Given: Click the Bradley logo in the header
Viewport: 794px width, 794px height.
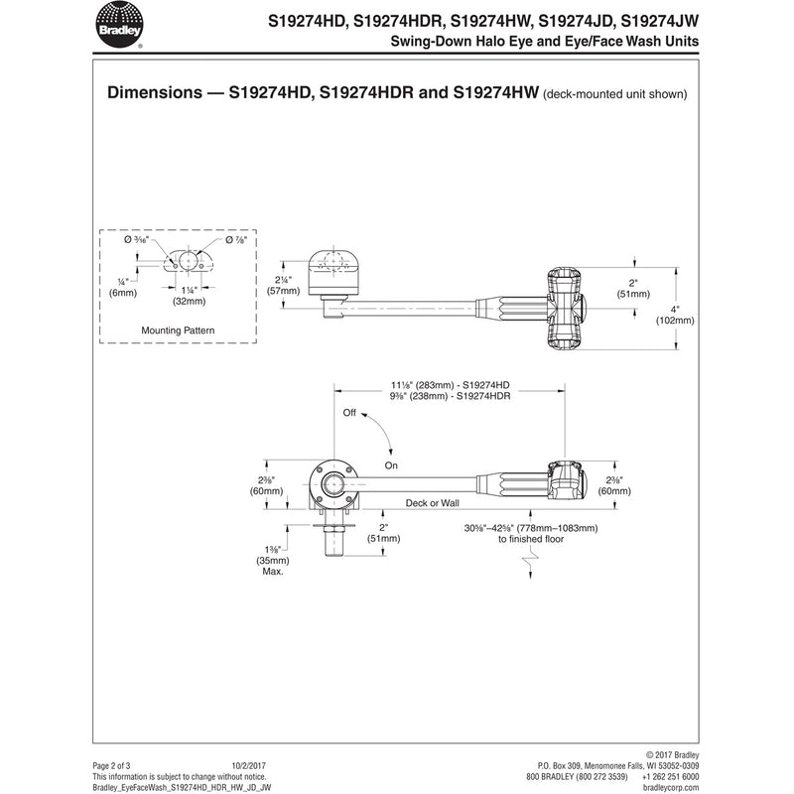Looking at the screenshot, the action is tap(119, 25).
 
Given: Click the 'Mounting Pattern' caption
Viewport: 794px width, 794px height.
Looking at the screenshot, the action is tap(178, 331).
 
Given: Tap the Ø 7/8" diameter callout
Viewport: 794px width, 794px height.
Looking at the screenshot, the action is tap(236, 239).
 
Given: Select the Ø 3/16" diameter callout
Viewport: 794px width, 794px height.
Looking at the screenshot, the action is tap(136, 239).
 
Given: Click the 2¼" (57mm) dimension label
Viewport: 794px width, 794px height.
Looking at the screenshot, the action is tap(283, 286).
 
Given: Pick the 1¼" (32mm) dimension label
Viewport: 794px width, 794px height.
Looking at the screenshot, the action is tap(189, 296).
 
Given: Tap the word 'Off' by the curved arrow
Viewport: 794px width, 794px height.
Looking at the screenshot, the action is tap(349, 413).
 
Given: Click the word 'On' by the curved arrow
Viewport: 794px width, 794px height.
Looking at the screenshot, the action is tap(391, 465).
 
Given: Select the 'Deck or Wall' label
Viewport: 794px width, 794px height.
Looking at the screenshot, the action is tap(432, 503).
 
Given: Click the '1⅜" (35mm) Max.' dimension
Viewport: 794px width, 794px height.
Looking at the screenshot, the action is tap(273, 560).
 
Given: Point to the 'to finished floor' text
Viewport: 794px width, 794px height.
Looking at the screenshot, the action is tap(531, 539).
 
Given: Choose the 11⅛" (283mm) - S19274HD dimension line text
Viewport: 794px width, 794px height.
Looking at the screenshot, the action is tap(451, 385).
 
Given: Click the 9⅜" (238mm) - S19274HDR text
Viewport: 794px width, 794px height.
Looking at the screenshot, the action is tap(451, 396).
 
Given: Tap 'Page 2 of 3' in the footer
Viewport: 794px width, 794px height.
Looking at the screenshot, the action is tap(111, 765).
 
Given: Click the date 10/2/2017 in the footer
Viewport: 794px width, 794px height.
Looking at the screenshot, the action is tap(249, 765).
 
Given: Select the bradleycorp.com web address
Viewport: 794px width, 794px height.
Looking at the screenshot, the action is tap(671, 788).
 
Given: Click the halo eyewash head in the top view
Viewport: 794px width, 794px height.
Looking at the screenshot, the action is tap(566, 309).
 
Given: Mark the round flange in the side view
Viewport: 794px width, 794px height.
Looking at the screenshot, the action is tap(333, 484).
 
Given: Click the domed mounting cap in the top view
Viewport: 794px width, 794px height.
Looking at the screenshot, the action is tap(333, 273).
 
